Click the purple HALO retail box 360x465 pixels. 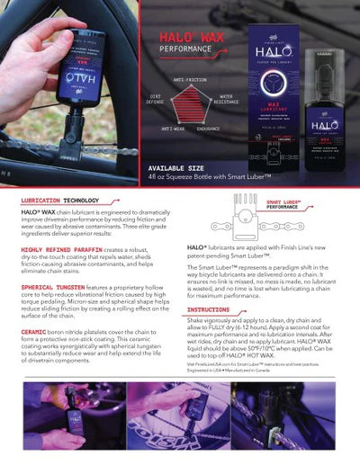(x=274, y=103)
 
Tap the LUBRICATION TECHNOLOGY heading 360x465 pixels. (x=60, y=201)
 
